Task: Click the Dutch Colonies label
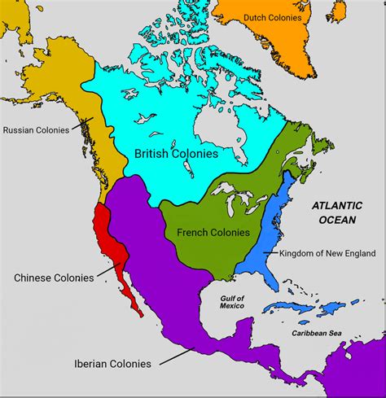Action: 273,17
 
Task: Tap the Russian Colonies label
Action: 35,130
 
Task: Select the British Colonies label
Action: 176,153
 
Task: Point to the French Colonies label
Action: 208,233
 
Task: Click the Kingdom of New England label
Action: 327,254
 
